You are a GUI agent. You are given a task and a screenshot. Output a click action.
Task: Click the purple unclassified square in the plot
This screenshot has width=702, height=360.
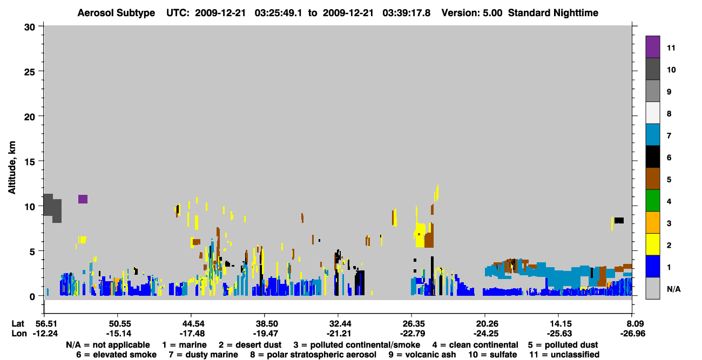click(x=83, y=199)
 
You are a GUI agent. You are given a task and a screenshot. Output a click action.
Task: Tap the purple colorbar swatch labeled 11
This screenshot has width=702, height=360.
click(x=652, y=46)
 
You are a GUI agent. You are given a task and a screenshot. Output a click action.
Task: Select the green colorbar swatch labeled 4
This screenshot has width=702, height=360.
click(x=652, y=201)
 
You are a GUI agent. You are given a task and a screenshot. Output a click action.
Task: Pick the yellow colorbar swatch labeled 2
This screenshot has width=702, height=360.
click(x=652, y=244)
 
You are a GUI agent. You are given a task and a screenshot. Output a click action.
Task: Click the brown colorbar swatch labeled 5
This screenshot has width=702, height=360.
click(x=652, y=179)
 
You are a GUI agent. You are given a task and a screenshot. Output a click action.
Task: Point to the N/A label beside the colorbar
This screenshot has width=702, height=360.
click(x=673, y=289)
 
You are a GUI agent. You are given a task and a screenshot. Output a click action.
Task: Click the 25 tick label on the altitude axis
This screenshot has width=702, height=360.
click(x=30, y=72)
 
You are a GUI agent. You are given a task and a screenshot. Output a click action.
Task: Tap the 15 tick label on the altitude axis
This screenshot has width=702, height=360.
click(x=30, y=162)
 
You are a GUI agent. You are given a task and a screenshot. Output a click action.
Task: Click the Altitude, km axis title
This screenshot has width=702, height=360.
click(x=12, y=167)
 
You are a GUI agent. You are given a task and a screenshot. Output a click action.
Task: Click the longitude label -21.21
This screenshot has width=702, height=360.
click(x=338, y=334)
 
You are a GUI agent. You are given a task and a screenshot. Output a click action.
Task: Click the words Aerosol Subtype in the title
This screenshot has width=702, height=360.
click(x=116, y=13)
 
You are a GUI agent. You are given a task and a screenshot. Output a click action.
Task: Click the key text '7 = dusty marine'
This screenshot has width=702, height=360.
click(x=203, y=355)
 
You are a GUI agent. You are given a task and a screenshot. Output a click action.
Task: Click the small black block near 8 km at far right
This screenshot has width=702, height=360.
click(x=619, y=221)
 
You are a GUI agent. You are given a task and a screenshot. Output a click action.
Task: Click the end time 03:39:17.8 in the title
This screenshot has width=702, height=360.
click(x=406, y=13)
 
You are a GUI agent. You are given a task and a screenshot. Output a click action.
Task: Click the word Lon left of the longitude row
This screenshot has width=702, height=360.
click(x=19, y=334)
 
